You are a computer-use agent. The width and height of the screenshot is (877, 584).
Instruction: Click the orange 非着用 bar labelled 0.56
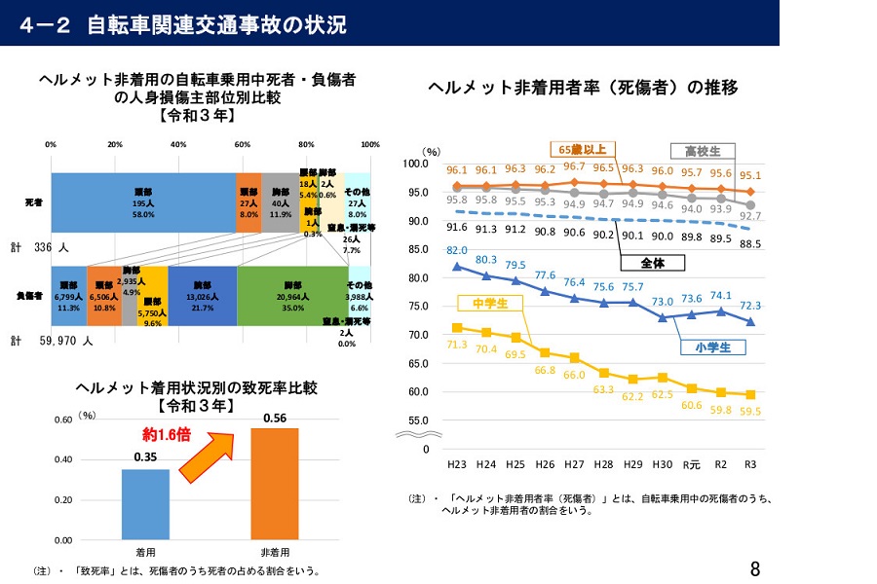click(274, 483)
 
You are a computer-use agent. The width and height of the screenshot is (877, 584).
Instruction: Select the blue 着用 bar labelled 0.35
click(145, 503)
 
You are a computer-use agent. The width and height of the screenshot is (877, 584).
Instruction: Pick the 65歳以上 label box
click(583, 149)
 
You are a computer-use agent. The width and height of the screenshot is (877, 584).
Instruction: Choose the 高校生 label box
click(702, 151)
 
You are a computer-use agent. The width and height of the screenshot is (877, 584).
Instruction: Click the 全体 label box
click(652, 263)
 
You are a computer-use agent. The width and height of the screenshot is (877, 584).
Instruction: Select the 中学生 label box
click(491, 303)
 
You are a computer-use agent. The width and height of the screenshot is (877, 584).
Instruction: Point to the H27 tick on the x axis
click(575, 465)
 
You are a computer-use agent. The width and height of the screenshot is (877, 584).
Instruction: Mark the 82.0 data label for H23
click(458, 250)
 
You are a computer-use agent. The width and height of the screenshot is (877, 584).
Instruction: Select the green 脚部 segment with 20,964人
click(291, 296)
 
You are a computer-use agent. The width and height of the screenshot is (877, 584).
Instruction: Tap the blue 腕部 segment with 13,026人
click(202, 296)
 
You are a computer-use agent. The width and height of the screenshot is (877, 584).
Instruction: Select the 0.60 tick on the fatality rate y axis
click(61, 420)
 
